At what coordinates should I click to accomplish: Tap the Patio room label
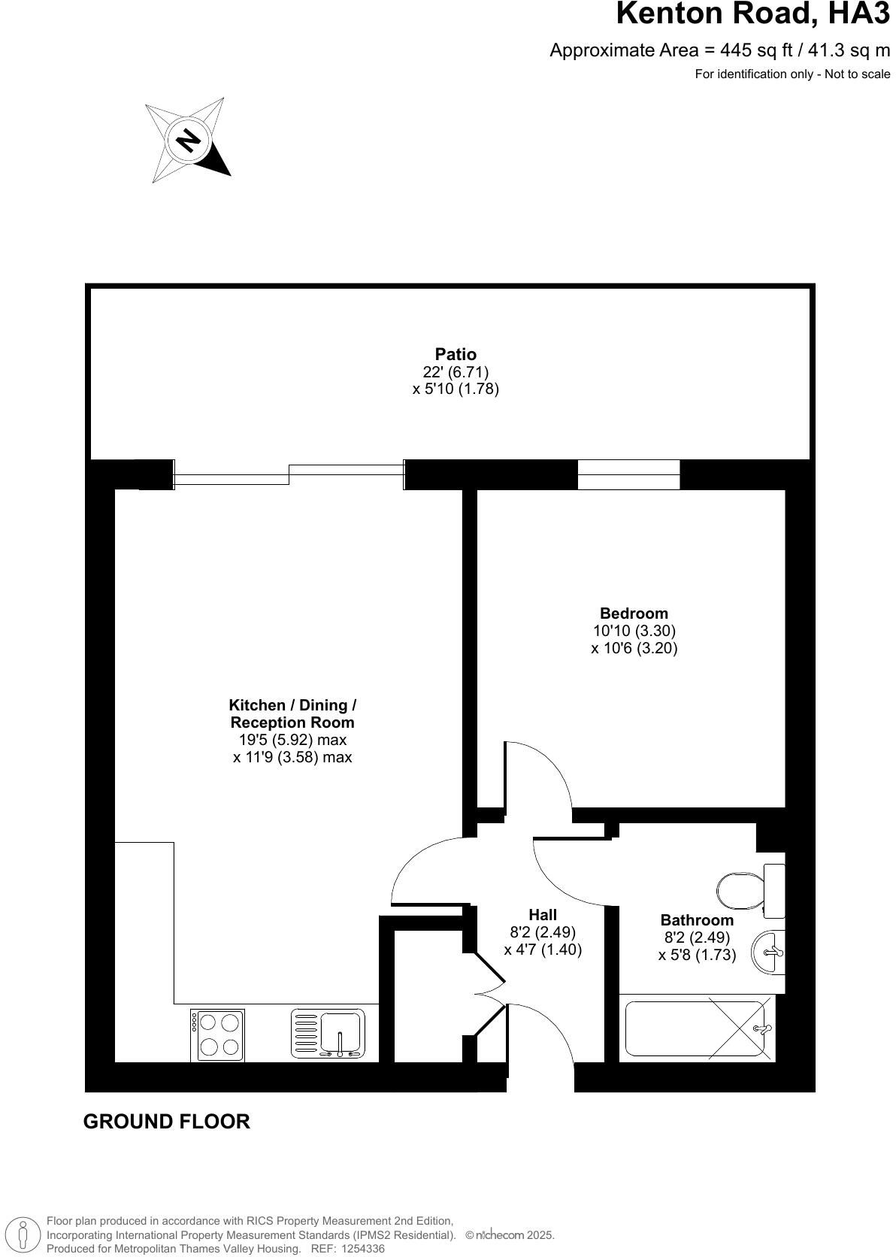456,354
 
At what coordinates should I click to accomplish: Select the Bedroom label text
634,613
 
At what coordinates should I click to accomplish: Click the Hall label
543,915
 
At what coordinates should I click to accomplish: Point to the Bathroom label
697,920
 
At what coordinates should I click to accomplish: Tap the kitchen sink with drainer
328,1034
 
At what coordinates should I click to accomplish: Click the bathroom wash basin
770,953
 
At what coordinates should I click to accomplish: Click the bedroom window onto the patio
628,475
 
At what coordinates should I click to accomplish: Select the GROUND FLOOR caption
166,1122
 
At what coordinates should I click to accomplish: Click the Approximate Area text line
719,50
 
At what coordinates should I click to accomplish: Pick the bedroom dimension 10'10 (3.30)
634,631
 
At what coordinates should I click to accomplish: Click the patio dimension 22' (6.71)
456,371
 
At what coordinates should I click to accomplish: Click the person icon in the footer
23,1234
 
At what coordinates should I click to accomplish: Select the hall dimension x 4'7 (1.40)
543,950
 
